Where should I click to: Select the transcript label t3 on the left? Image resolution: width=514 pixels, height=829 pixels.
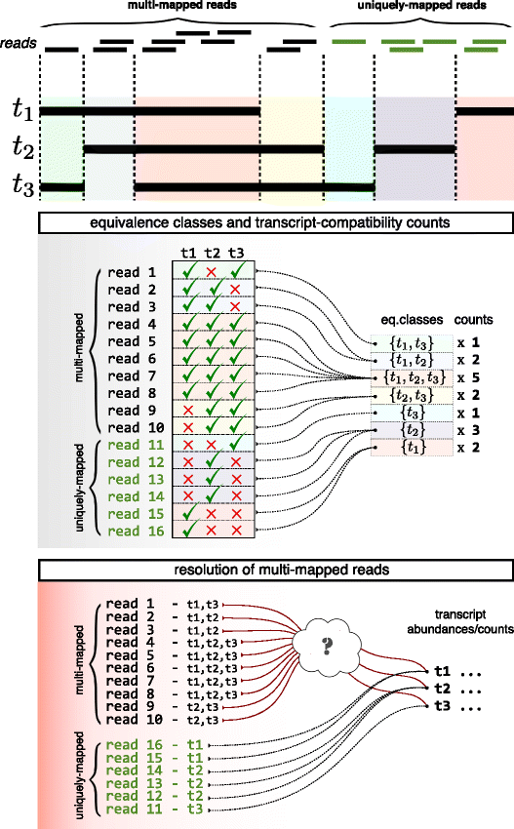click(x=20, y=185)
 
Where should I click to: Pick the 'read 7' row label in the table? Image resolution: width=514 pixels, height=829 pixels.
click(x=131, y=375)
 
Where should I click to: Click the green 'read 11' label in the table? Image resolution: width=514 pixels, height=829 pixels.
click(x=131, y=445)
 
